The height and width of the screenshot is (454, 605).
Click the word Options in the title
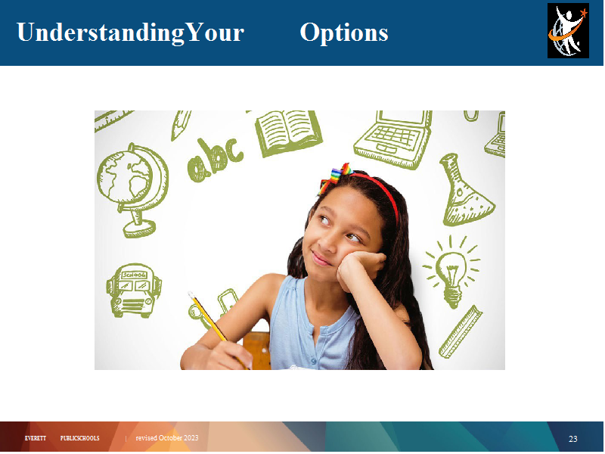(x=344, y=33)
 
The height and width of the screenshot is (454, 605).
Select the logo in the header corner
(x=568, y=30)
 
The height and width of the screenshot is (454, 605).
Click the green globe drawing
(x=132, y=189)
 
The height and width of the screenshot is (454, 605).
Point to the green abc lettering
(x=215, y=159)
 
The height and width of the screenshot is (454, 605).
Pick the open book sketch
(x=288, y=133)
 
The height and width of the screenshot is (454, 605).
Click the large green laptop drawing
(x=393, y=139)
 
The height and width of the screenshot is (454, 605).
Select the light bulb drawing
(x=451, y=271)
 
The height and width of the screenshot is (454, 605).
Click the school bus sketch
(x=134, y=291)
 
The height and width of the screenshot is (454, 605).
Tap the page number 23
(x=573, y=439)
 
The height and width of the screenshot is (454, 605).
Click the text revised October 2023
(x=166, y=438)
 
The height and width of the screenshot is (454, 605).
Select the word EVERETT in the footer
(x=35, y=438)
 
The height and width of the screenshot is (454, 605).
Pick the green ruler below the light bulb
(x=461, y=331)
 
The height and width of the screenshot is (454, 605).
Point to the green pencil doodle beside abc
(x=181, y=125)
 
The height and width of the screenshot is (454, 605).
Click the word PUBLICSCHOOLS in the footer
(x=80, y=438)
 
